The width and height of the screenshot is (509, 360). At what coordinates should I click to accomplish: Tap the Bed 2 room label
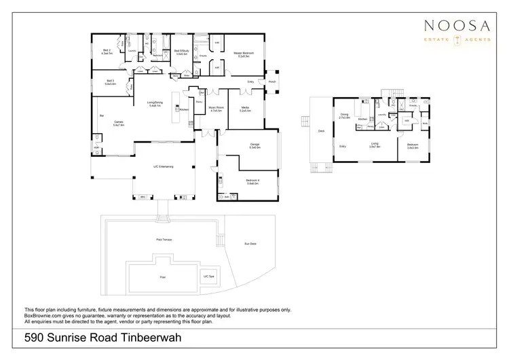point(107,50)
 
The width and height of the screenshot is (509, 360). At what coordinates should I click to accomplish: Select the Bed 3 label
point(110,82)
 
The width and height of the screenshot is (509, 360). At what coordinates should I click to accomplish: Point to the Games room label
point(118,123)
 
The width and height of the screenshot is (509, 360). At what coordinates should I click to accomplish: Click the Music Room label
point(216,109)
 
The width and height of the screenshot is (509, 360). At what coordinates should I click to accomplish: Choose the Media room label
point(245,109)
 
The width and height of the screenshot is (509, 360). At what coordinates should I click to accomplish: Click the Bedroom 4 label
point(254,182)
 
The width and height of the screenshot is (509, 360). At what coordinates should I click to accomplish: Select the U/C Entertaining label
point(163,166)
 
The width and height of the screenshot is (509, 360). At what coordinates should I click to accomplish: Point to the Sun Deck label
point(250,243)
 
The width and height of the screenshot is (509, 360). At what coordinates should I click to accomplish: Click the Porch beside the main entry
point(272,82)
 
